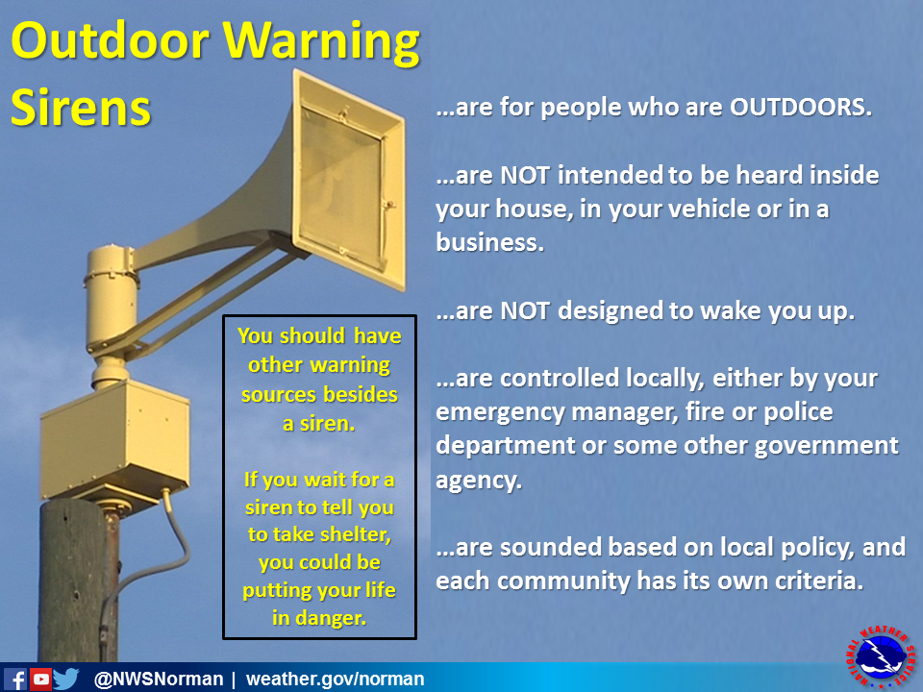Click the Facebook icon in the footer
point(15,679)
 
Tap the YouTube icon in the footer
point(40,679)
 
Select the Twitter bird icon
point(66,679)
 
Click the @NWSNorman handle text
point(158,680)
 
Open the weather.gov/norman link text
point(335,680)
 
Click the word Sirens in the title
point(81,109)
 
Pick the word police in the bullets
point(786,412)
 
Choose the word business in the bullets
point(489,243)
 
